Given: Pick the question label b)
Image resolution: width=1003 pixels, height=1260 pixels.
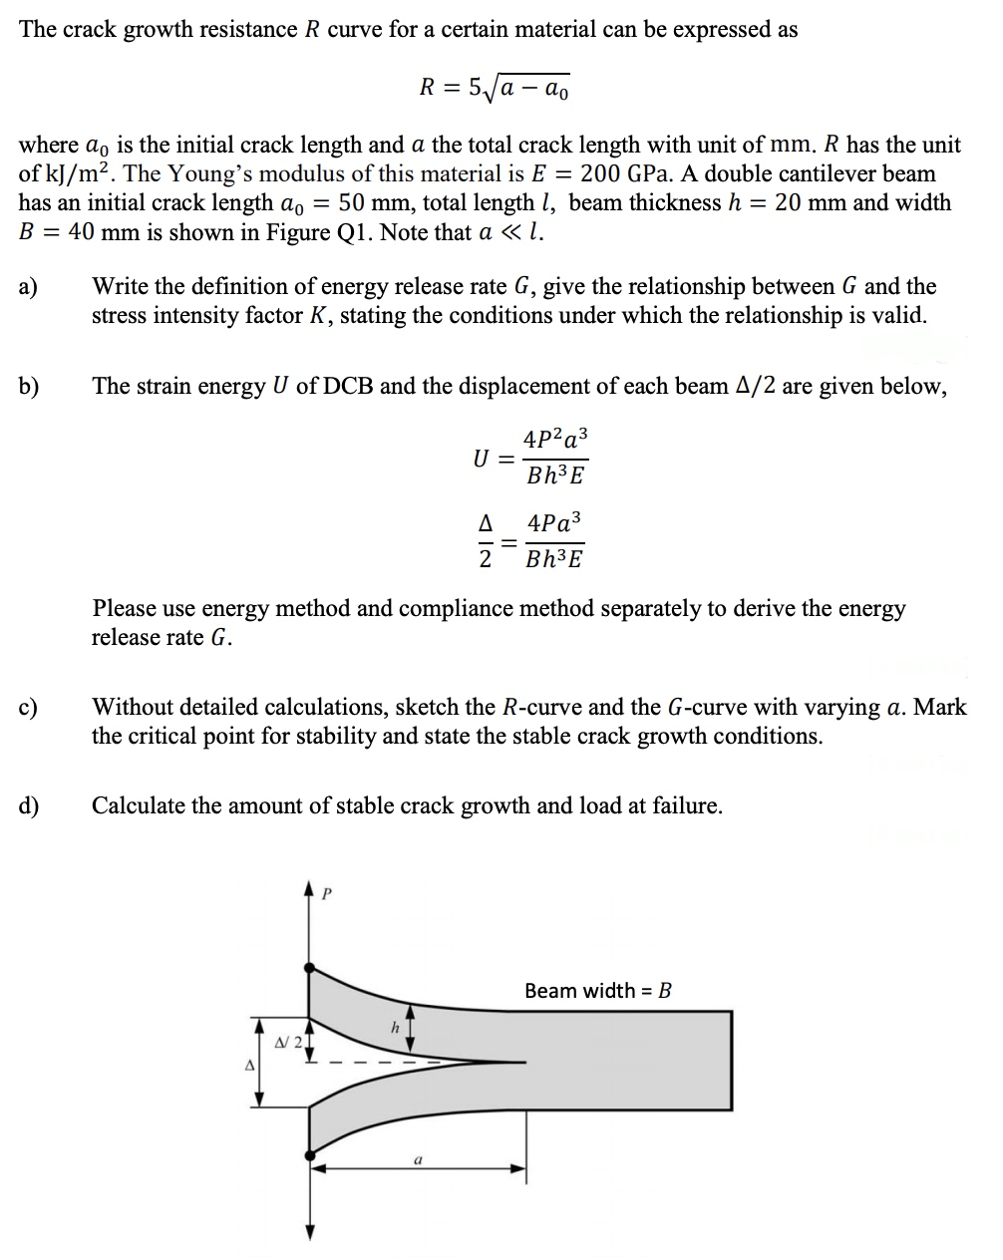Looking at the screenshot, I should click(29, 387).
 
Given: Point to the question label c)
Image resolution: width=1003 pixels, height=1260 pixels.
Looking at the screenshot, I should click(28, 708).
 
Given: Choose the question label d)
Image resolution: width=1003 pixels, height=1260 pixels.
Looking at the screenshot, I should click(29, 806).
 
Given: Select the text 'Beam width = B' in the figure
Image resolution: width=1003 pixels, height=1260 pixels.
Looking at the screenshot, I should click(598, 990).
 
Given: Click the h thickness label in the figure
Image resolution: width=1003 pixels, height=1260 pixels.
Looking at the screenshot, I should click(394, 1027).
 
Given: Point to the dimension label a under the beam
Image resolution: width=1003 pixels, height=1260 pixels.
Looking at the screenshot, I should click(418, 1159).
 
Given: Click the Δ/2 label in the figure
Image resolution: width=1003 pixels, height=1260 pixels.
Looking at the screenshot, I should click(286, 1042).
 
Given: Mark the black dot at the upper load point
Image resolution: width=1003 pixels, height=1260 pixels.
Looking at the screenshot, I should click(311, 967).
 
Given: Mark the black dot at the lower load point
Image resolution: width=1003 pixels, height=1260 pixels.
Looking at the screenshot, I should click(311, 1155).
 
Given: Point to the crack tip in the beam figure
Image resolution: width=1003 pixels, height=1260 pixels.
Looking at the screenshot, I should click(524, 1062).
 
